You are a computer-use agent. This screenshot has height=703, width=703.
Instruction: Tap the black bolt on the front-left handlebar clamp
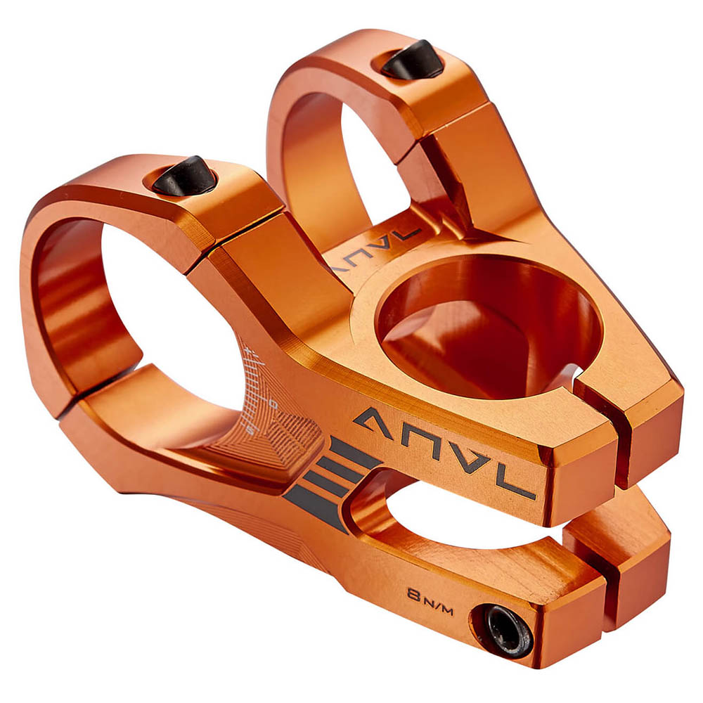click(x=184, y=176)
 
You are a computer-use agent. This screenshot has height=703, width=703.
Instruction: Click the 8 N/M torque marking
click(x=430, y=602)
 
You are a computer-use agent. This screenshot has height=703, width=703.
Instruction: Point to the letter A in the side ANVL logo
click(x=374, y=423)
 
